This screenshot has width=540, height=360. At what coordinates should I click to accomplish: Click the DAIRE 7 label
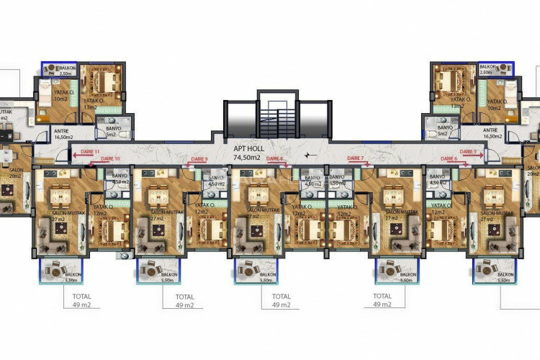point(356,158)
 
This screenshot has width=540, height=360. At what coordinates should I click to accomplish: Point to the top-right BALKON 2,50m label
point(486,70)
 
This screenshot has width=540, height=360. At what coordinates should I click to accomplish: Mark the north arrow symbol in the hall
point(307,155)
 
